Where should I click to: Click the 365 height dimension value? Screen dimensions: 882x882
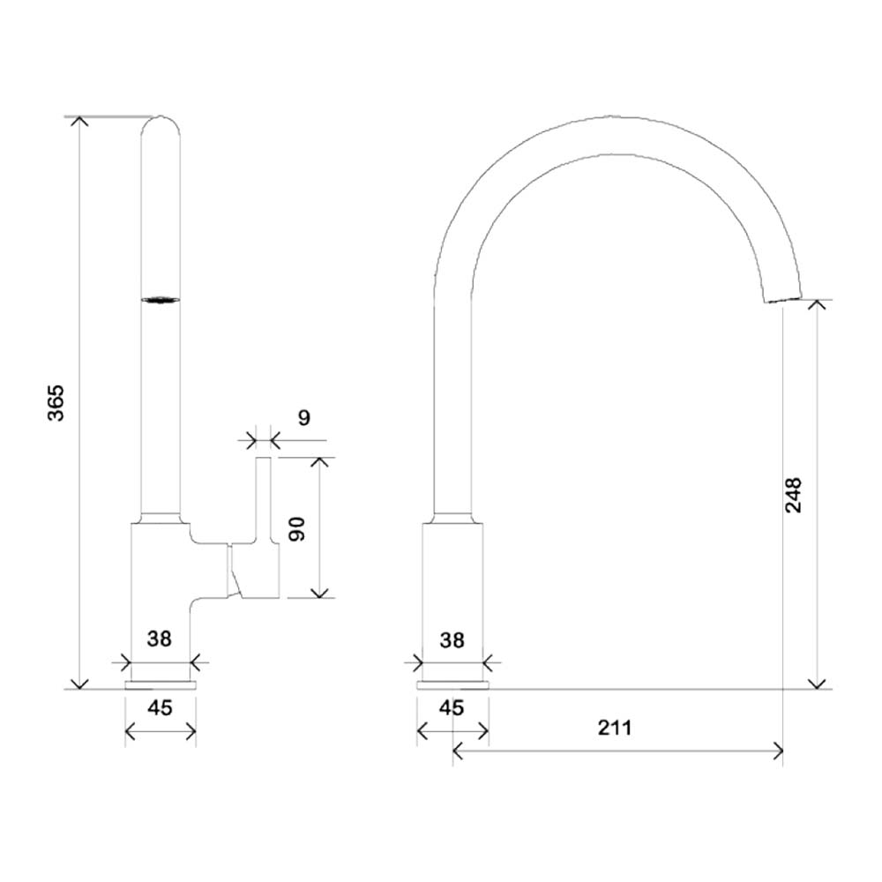tap(56, 401)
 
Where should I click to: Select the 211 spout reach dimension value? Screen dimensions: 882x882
tap(615, 728)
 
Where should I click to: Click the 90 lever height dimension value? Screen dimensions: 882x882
tap(297, 528)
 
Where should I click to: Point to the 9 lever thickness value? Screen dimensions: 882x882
tap(303, 417)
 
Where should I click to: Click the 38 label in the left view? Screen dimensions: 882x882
tap(160, 639)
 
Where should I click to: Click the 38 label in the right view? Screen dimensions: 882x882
tap(452, 639)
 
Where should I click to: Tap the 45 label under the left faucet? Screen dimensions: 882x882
tap(160, 707)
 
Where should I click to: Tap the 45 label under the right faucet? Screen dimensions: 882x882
tap(452, 707)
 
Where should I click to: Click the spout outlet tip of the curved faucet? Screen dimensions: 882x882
tap(783, 298)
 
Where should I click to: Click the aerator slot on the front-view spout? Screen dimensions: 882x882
tap(162, 300)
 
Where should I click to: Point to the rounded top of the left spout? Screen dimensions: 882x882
tap(162, 123)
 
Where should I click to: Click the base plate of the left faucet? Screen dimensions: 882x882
tap(161, 684)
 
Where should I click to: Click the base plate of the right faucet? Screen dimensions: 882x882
tap(452, 684)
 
